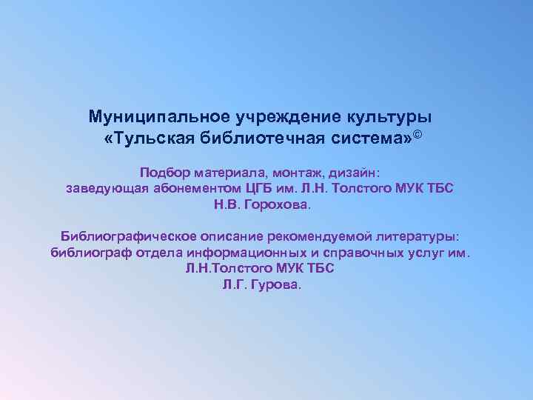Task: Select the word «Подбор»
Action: pos(166,170)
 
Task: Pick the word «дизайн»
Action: pos(352,170)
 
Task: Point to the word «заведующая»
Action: pos(107,187)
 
